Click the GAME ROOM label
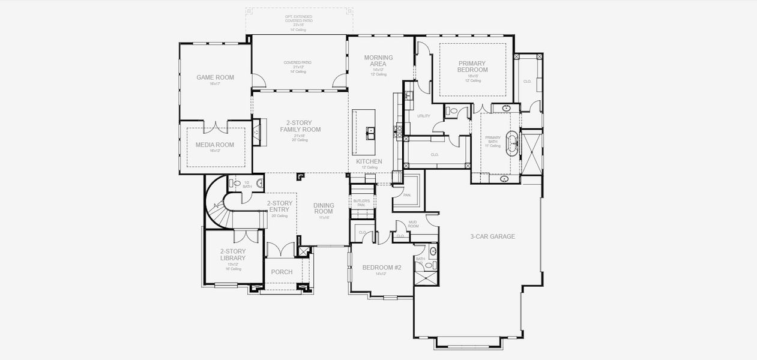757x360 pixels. (215, 77)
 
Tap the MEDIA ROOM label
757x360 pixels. (215, 145)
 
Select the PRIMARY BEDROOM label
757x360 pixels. (472, 67)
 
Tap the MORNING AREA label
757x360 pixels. (379, 61)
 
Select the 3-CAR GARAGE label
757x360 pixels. (492, 236)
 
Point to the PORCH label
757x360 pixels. (282, 272)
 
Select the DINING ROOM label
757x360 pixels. (324, 209)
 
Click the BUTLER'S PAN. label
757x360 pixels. (361, 203)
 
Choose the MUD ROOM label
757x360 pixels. (413, 224)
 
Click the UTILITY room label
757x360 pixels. (423, 116)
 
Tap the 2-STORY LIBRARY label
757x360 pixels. (232, 255)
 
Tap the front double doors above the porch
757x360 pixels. (281, 249)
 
